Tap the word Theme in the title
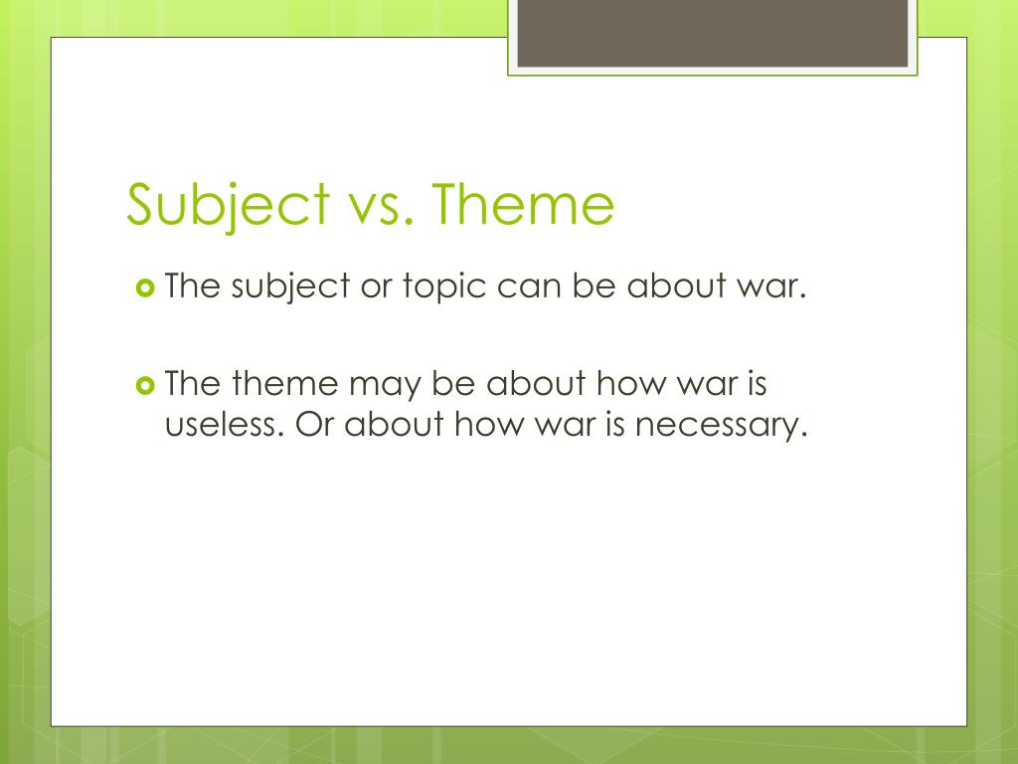click(x=524, y=204)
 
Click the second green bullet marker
click(x=145, y=385)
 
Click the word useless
click(x=226, y=425)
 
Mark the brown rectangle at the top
click(x=713, y=33)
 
